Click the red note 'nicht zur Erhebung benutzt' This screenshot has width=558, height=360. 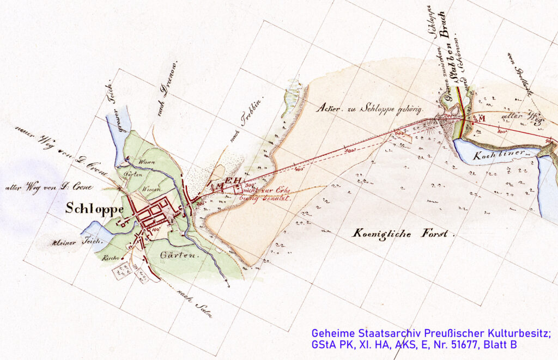coord(265,194)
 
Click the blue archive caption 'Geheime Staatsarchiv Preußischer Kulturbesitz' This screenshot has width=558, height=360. coord(430,333)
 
